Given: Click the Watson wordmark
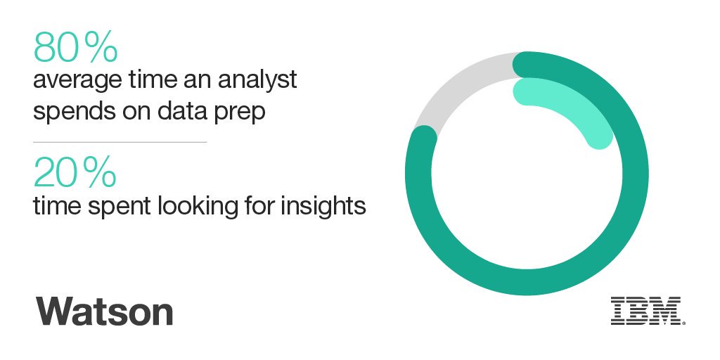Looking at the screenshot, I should tap(104, 310).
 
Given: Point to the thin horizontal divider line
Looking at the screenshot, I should tap(120, 143).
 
